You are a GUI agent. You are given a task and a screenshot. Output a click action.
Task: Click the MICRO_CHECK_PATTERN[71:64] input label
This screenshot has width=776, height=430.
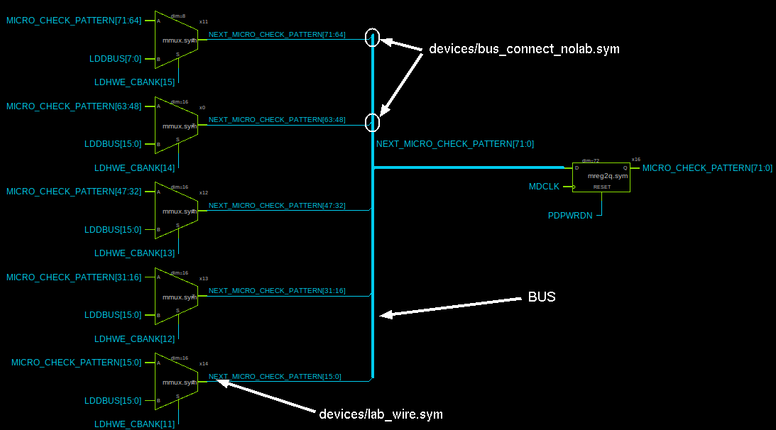point(74,21)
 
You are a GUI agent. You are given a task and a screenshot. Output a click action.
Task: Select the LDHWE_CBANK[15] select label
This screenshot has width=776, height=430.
point(134,82)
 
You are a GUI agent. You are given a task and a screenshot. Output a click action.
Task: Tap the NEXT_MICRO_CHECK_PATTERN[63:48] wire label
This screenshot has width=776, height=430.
point(277,120)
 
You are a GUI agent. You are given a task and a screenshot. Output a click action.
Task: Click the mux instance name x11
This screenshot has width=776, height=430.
point(204,22)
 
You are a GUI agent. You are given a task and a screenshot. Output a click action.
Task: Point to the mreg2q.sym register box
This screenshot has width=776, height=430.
point(601,177)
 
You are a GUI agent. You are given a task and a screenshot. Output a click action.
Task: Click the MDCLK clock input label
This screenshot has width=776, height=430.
point(544,187)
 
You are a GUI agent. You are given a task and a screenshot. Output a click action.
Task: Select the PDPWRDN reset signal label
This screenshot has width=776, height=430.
point(569,216)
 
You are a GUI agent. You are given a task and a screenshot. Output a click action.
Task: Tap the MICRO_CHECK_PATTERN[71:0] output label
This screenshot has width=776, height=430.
point(707,168)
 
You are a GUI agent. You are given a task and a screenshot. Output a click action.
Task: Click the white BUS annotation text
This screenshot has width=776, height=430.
point(541,297)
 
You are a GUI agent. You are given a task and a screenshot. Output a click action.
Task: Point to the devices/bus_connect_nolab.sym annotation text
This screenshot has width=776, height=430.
point(524,50)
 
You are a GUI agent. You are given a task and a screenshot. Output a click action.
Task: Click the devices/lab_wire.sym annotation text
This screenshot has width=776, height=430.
point(381,414)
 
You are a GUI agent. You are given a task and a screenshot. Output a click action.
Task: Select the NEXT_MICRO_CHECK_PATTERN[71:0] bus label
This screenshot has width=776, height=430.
point(455,144)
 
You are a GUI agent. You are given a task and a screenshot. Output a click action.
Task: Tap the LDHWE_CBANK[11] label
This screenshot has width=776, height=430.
point(134,424)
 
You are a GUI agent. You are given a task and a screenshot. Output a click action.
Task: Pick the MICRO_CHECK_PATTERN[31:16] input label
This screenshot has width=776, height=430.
point(74,277)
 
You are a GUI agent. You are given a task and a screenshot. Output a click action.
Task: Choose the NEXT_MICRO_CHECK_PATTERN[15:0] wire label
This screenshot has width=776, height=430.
point(275,377)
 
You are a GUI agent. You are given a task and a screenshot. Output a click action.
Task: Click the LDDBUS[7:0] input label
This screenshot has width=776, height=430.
point(115,59)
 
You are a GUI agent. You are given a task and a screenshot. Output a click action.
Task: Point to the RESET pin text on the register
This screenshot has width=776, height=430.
point(602,187)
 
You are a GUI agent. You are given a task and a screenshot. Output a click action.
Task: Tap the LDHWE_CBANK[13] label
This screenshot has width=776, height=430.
point(134,253)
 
